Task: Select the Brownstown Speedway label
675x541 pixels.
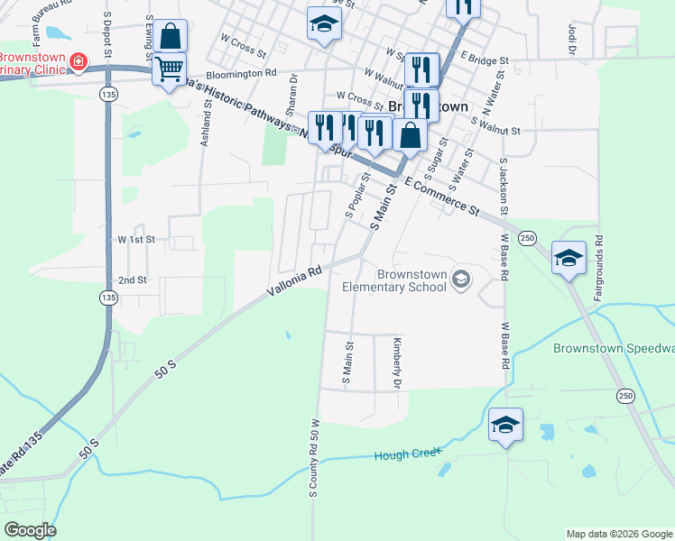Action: (614, 348)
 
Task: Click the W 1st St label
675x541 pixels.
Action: (136, 240)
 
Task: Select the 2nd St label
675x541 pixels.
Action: (132, 280)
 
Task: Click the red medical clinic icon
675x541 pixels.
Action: (79, 61)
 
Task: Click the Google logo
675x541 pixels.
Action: (30, 530)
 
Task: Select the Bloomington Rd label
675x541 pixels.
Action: (241, 74)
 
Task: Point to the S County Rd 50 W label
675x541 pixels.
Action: (315, 457)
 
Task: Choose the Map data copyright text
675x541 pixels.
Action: (619, 534)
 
